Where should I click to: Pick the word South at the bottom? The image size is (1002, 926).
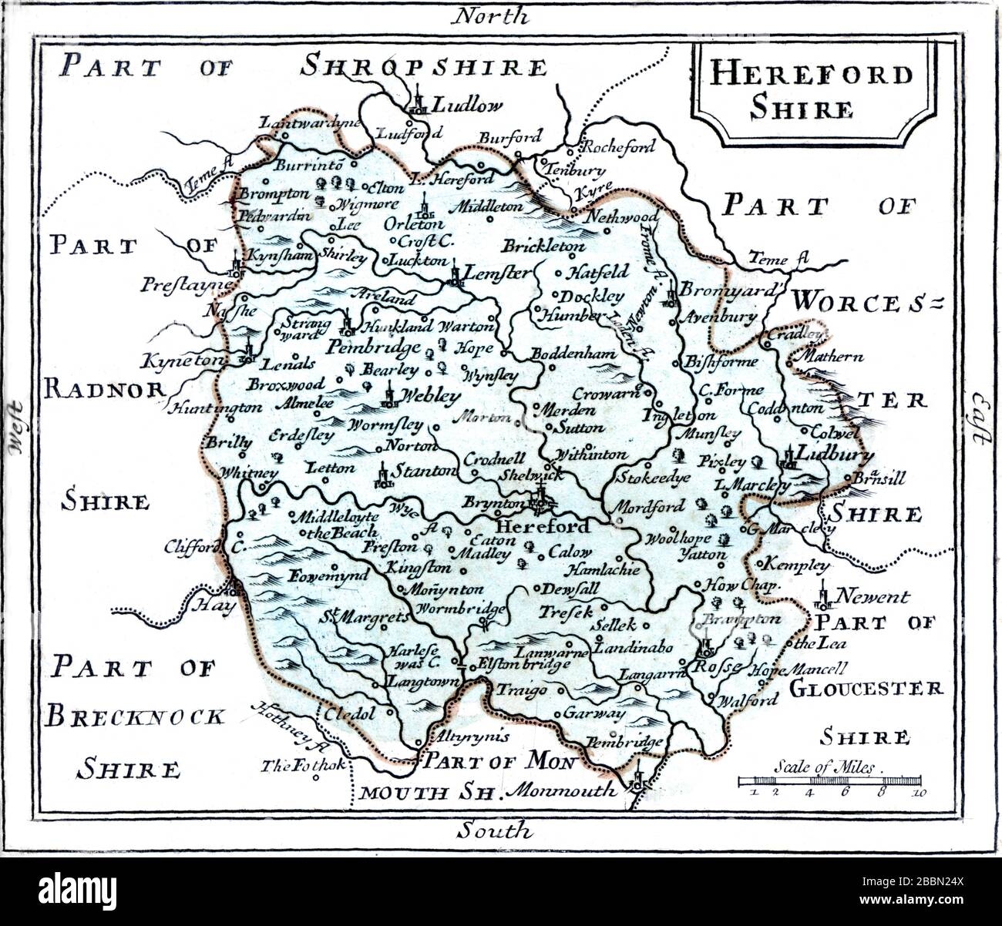click(493, 831)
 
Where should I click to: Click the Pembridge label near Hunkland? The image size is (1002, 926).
click(372, 347)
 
